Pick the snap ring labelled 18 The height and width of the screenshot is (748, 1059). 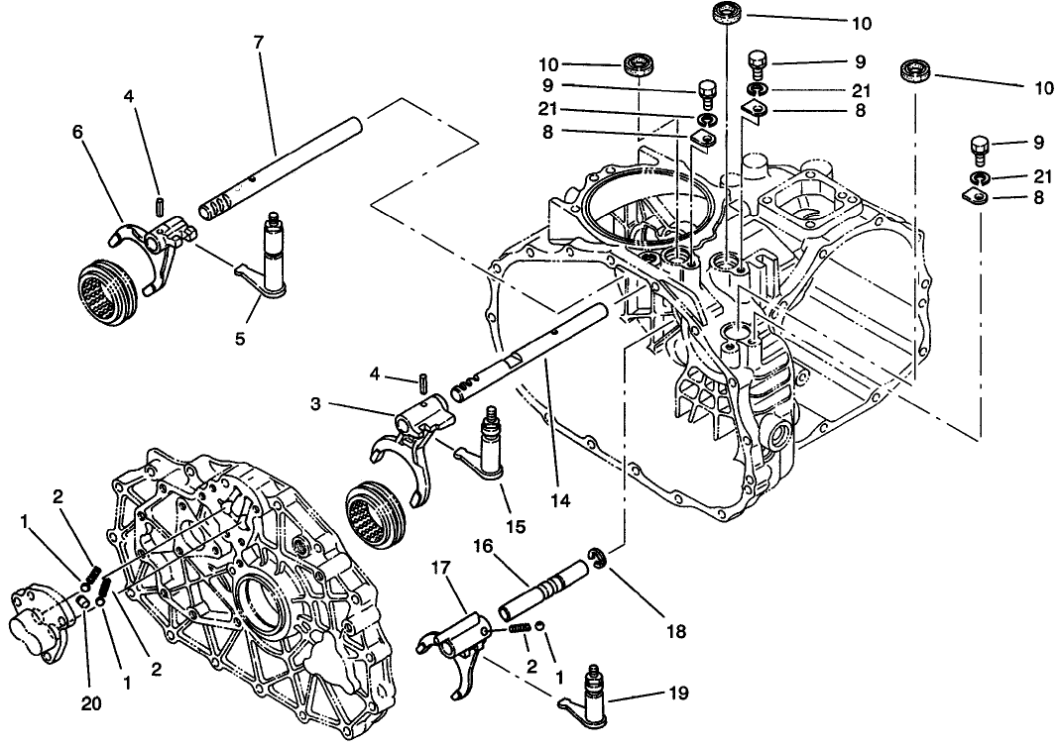[x=597, y=560]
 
